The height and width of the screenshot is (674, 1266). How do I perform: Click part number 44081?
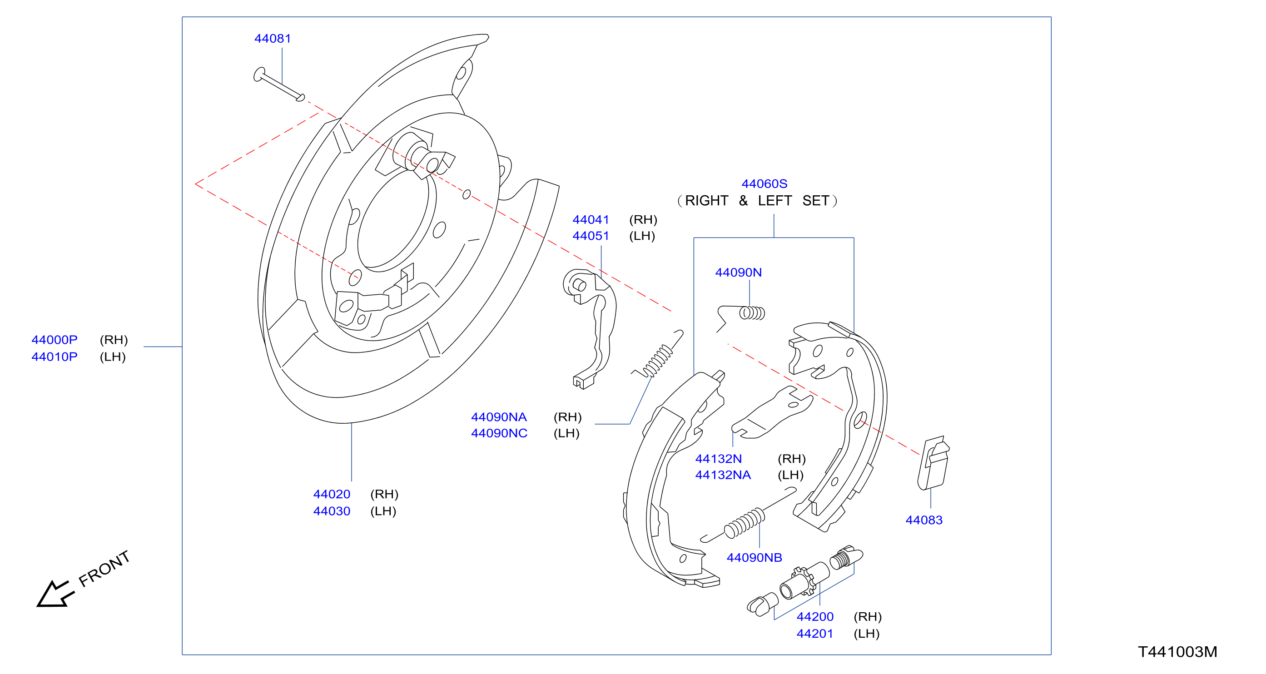272,38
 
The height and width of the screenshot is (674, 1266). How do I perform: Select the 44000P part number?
55,340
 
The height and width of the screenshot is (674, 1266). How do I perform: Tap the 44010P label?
55,357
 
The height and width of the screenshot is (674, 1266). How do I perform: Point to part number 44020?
332,494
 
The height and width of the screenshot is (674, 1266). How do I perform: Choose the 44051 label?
591,236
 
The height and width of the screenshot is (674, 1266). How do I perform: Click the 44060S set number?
764,184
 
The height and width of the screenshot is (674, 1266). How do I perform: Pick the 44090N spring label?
738,273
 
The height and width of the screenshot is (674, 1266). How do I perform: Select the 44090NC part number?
499,433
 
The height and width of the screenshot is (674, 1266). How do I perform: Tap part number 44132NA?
723,475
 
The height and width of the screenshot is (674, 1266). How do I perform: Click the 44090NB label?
755,558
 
